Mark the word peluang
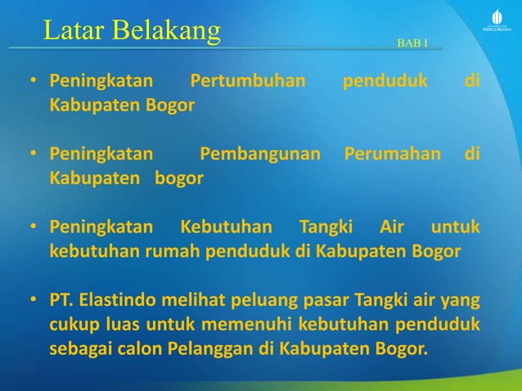click(x=256, y=294)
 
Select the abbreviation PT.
click(x=61, y=294)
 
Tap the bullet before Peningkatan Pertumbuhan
click(x=34, y=83)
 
